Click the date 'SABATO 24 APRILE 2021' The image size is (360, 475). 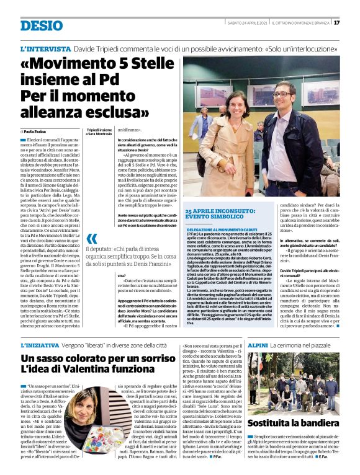pos(247,23)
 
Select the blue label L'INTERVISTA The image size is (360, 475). pos(45,48)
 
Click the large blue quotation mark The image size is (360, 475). pos(92,239)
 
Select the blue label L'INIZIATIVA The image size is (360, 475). pos(44,344)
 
